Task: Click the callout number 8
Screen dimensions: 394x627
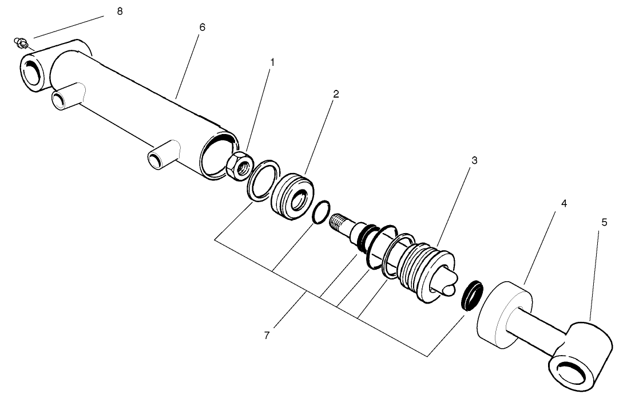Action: [119, 11]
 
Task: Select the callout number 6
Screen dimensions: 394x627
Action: [202, 27]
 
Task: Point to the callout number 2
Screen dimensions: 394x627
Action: [336, 94]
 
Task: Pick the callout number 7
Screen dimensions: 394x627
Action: [267, 335]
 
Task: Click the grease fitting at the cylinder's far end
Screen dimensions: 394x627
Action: [21, 42]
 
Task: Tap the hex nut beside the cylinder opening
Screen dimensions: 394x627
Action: [237, 165]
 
